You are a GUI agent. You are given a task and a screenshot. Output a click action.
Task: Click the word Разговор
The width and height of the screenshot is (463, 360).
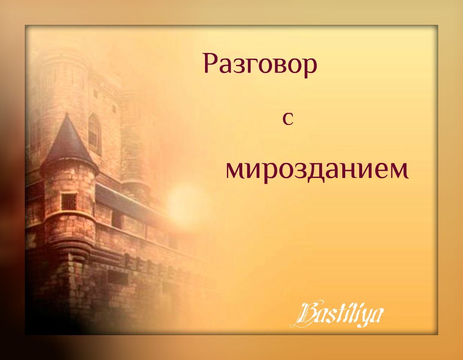point(260,65)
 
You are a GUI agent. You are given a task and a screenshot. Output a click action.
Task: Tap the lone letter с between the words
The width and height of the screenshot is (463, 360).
point(288,119)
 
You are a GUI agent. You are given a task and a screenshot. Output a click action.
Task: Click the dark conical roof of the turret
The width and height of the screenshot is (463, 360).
point(68,145)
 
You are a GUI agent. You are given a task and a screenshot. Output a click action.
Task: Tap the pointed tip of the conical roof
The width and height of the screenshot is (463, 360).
point(68,114)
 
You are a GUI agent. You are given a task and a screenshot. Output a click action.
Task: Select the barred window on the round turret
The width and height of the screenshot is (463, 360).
point(69,202)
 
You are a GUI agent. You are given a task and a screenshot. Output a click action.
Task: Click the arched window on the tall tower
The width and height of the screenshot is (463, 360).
point(95,134)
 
